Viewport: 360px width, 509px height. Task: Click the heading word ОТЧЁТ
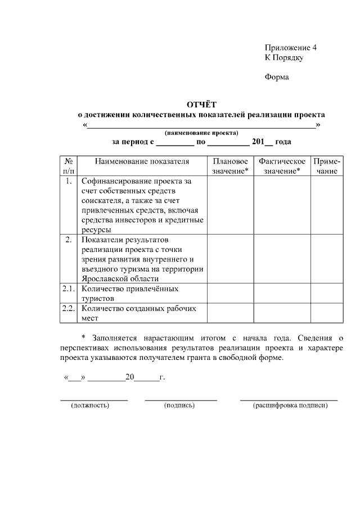[201, 104]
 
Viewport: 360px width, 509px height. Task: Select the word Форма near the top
[277, 77]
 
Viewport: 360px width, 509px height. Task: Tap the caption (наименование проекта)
[201, 133]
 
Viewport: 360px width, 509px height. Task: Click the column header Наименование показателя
[142, 161]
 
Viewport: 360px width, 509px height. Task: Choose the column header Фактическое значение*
[282, 166]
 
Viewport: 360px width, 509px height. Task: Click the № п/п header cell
[68, 166]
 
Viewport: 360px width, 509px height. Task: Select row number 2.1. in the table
[68, 289]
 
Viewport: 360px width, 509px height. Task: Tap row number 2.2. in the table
[68, 308]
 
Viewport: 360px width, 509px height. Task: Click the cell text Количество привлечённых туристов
[129, 293]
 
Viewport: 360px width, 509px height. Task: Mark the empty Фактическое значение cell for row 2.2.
[282, 313]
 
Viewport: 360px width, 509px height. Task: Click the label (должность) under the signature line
[90, 405]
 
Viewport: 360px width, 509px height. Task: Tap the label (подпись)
[179, 405]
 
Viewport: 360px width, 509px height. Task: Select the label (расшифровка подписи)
[290, 405]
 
